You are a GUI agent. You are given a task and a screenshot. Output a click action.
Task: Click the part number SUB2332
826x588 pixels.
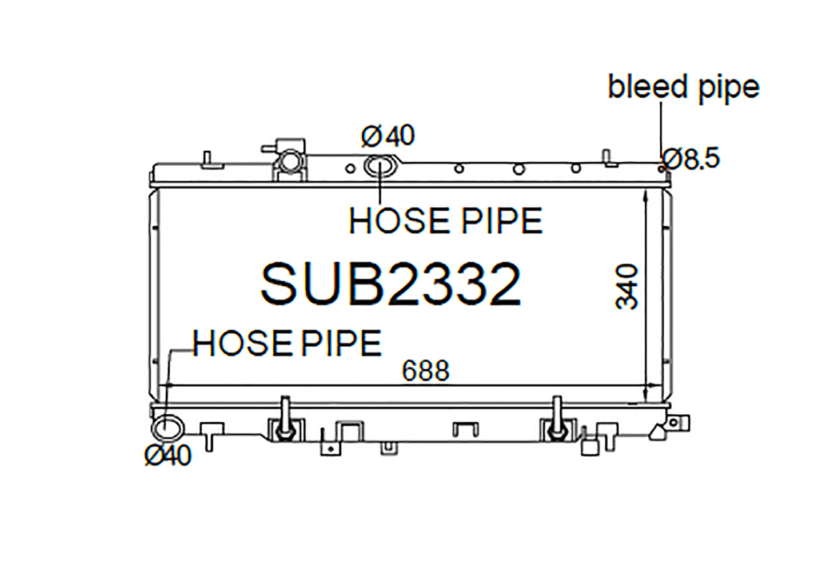[x=391, y=284]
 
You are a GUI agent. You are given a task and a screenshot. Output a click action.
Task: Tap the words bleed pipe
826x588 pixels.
[x=684, y=87]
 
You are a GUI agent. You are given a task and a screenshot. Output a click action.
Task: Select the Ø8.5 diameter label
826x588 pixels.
[x=691, y=159]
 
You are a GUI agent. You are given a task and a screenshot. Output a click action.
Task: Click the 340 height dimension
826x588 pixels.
[x=627, y=286]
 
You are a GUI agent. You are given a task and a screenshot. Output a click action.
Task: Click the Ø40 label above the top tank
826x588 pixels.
[x=388, y=135]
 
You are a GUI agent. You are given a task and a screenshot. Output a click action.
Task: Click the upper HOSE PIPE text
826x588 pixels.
[x=445, y=221]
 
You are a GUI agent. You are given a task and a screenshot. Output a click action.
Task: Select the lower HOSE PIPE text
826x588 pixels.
[x=287, y=343]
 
